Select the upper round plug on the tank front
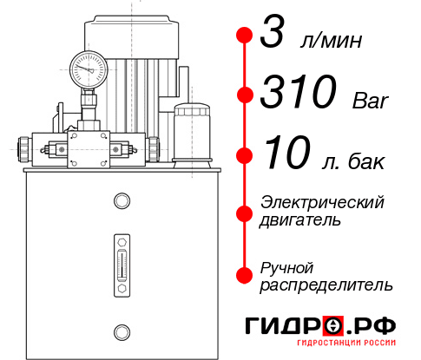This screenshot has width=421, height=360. coord(121,202)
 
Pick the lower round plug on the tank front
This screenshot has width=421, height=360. coord(121,330)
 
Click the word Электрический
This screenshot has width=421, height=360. coord(322,202)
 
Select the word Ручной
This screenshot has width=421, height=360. coord(286,265)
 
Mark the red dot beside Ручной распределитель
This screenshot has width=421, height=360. coord(245,274)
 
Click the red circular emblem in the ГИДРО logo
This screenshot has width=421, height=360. coord(333,326)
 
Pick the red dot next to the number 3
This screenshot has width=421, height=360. coord(245,36)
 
